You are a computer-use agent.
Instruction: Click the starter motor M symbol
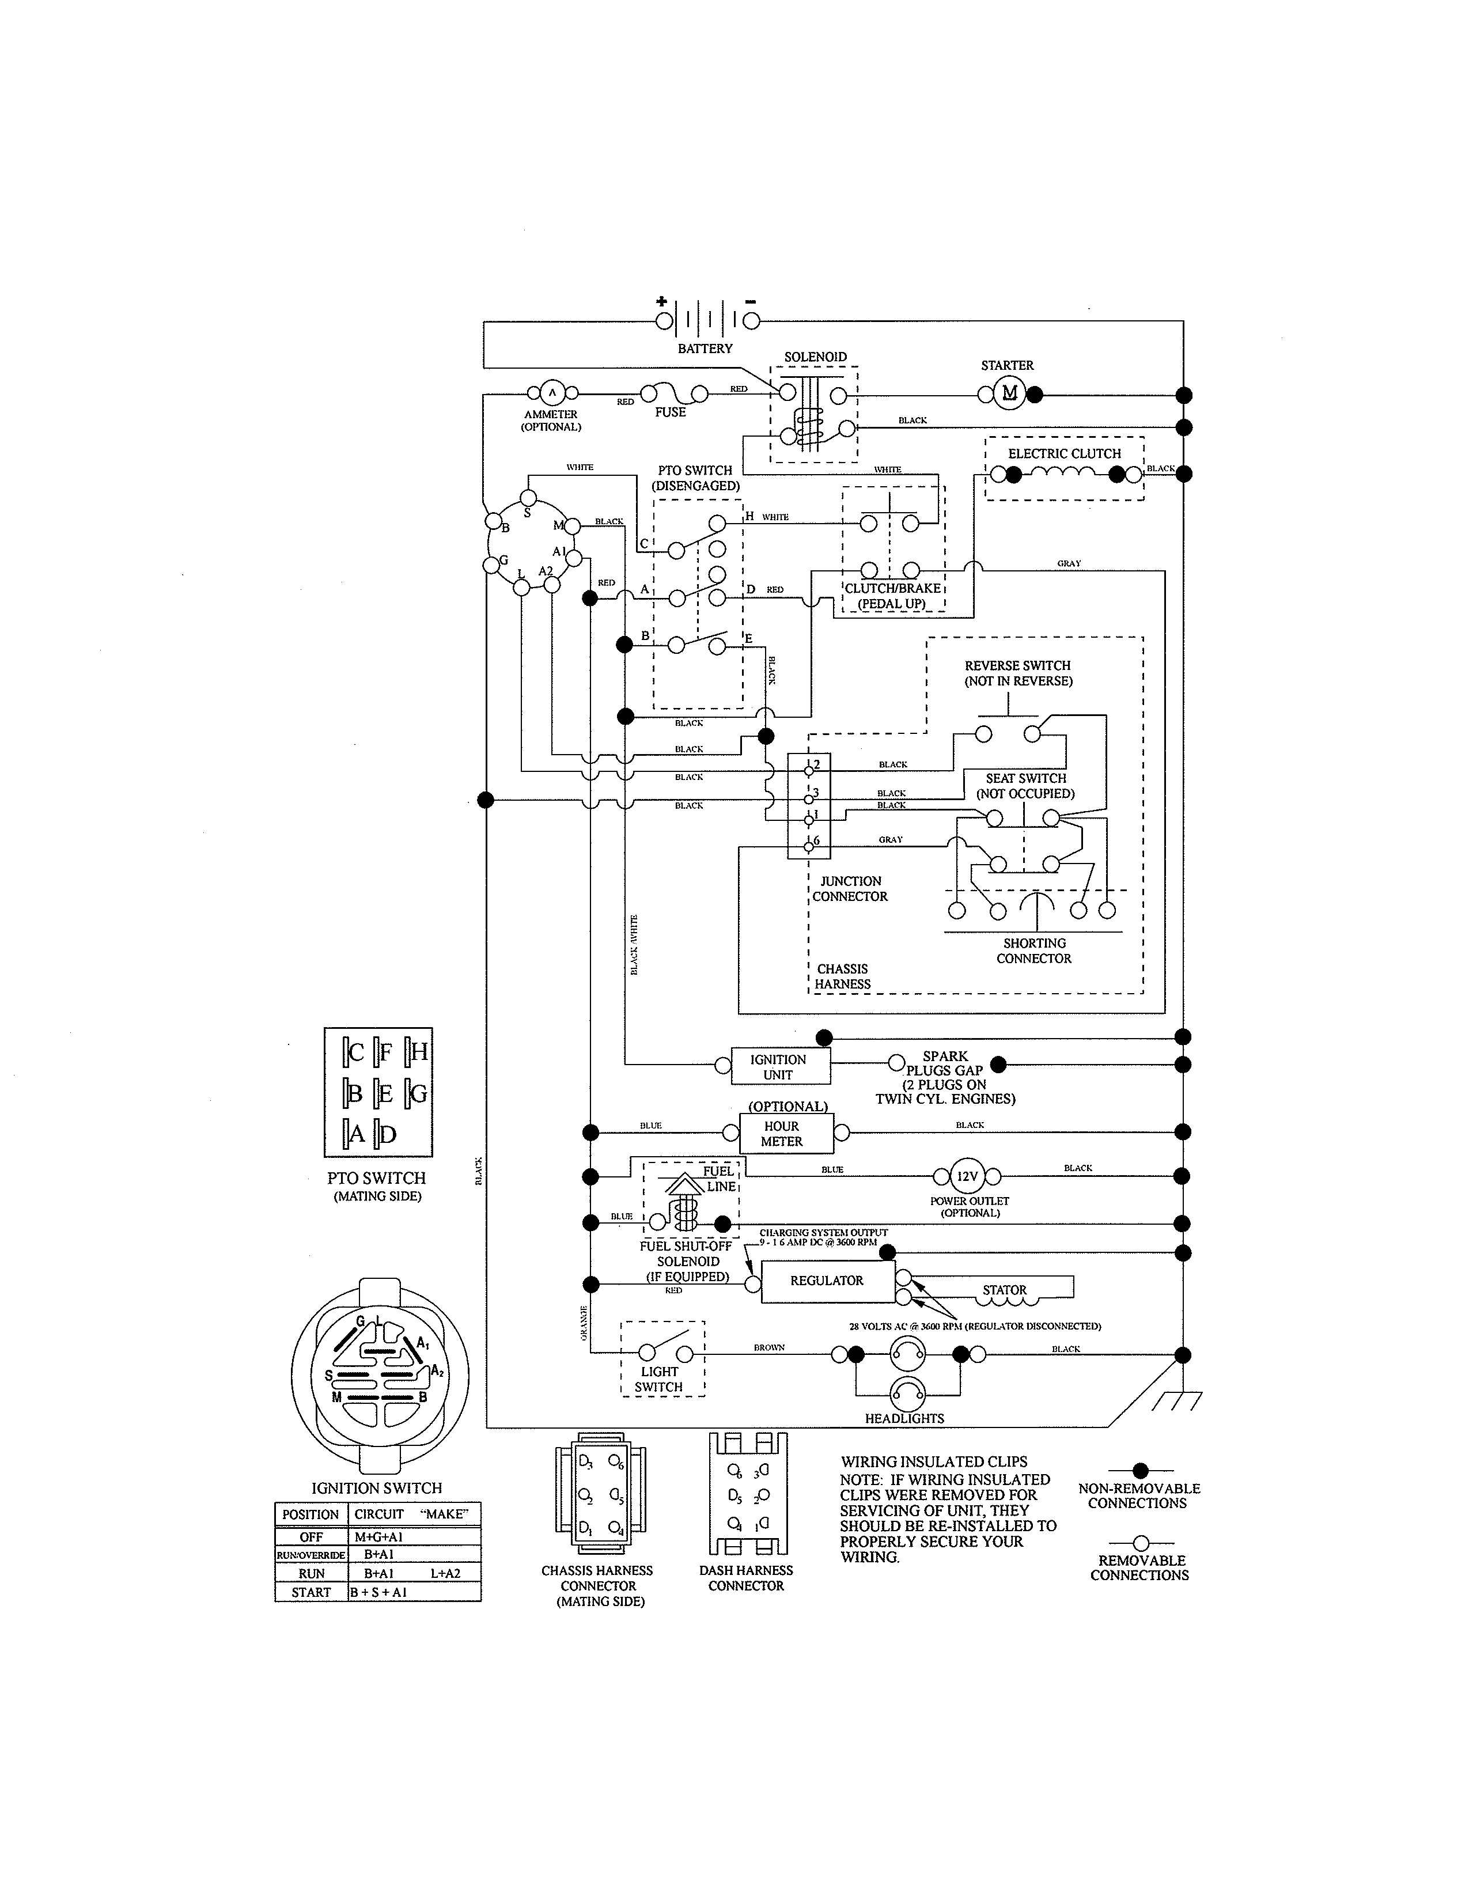(1009, 394)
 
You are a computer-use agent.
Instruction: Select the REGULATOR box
(827, 1281)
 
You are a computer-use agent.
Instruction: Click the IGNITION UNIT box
(778, 1066)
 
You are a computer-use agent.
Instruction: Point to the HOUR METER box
(782, 1133)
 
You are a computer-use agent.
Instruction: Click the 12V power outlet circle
(967, 1176)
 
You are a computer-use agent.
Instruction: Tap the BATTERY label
(705, 348)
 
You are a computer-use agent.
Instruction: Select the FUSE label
(670, 412)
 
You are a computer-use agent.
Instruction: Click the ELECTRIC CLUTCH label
(1065, 453)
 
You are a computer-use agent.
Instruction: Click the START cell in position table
(311, 1592)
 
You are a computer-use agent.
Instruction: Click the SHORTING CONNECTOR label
(1034, 950)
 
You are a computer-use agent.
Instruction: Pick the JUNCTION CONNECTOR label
(850, 889)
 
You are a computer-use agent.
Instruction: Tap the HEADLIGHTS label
(904, 1418)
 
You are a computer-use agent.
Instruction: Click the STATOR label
(1004, 1290)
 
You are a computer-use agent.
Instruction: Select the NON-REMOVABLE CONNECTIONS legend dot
(1140, 1470)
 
